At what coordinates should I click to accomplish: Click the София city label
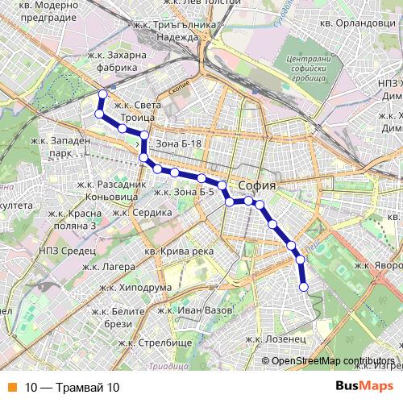257,185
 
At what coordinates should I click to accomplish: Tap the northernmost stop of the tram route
102,95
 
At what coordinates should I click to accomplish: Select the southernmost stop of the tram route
304,286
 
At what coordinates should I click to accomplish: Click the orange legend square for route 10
11,388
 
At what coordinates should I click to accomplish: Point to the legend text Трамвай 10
72,388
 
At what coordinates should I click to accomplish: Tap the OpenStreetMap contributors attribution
333,361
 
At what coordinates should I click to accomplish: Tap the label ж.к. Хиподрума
135,288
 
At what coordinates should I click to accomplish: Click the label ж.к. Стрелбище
155,343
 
